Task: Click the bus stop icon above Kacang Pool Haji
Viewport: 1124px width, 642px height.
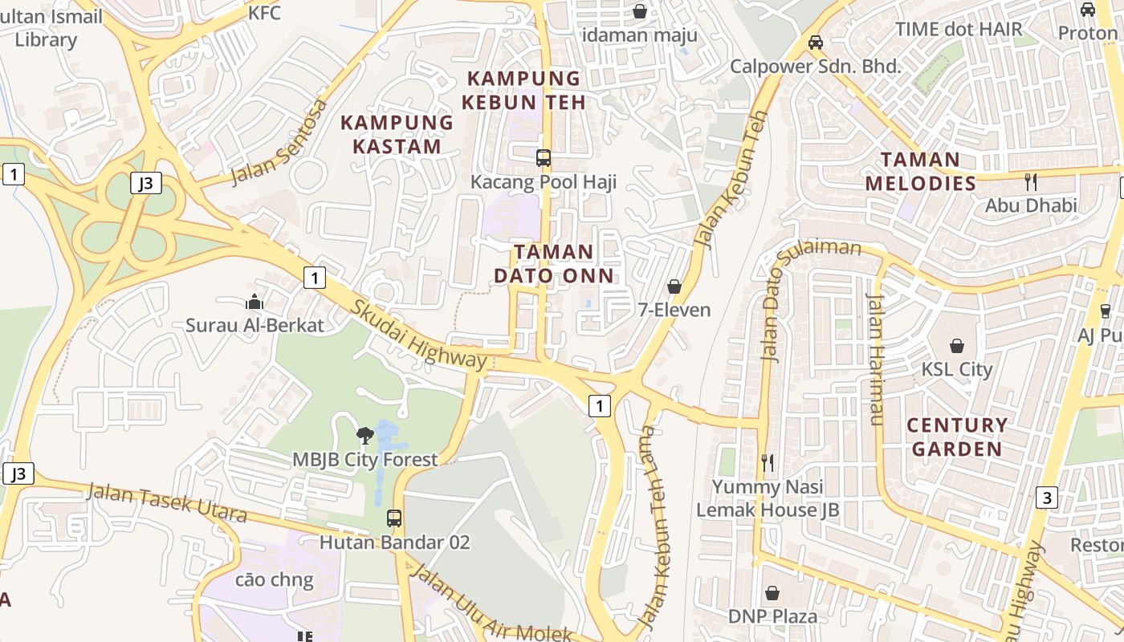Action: point(544,157)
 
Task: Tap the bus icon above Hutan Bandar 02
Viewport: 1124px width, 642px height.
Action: point(393,518)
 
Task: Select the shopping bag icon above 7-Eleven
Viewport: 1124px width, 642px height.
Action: point(674,286)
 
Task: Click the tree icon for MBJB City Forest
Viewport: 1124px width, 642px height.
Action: point(365,436)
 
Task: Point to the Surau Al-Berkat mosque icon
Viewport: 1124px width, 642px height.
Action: point(255,302)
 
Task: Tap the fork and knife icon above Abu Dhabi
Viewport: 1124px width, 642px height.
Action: point(1031,181)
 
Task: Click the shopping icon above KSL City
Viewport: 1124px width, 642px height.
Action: point(956,346)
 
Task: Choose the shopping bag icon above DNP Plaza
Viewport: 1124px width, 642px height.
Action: point(772,593)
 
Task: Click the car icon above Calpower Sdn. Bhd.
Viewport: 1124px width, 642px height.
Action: point(815,42)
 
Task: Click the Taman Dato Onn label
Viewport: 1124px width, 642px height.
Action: point(553,264)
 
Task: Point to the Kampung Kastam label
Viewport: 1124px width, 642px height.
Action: point(397,135)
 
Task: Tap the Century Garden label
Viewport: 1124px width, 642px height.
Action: point(957,437)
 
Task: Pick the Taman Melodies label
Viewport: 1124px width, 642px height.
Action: point(920,171)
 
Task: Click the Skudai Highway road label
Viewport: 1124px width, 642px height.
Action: point(418,335)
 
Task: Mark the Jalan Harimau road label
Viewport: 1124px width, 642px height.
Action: point(875,359)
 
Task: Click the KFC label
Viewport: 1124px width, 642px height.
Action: point(264,13)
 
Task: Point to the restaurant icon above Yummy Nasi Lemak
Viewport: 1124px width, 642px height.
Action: point(768,462)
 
